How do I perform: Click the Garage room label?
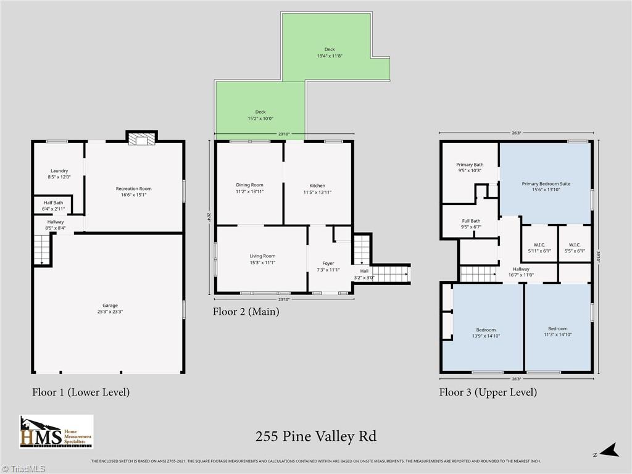(x=109, y=306)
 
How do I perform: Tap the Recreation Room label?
(x=133, y=189)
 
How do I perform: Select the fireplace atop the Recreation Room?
(x=141, y=139)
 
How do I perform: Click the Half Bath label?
(x=53, y=202)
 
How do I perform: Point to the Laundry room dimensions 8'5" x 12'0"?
(x=60, y=177)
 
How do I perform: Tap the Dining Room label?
(x=249, y=185)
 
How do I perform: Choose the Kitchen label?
(x=317, y=185)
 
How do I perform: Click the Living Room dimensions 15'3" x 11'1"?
(x=262, y=263)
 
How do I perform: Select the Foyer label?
(x=328, y=264)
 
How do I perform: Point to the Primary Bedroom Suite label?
(x=546, y=183)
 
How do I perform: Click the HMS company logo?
(x=56, y=431)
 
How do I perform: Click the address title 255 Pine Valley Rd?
(x=315, y=437)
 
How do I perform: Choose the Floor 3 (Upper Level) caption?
(x=488, y=392)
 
